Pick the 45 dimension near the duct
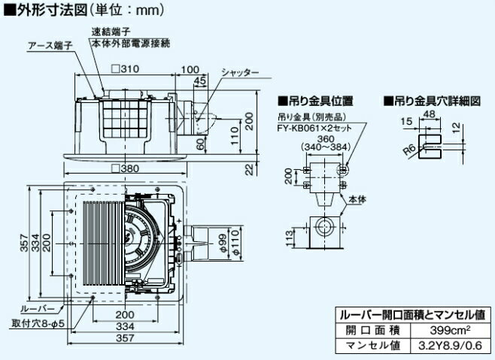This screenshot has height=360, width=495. click(x=199, y=80)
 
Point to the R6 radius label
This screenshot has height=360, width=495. click(x=409, y=149)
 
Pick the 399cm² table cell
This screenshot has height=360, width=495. click(x=443, y=330)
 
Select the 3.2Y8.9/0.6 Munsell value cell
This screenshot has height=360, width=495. click(x=443, y=346)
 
